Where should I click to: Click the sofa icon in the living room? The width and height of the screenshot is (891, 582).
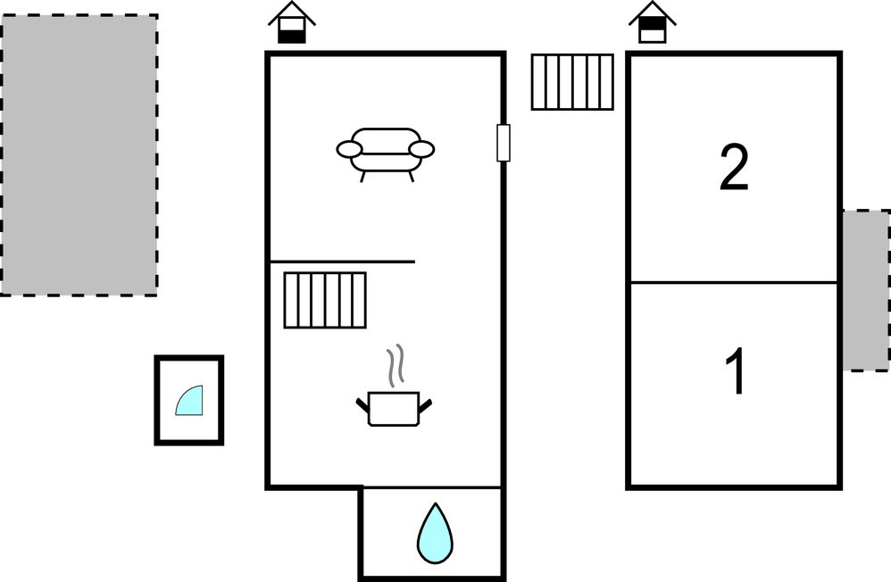tap(385, 153)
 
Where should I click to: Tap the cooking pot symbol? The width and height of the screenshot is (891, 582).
tap(394, 409)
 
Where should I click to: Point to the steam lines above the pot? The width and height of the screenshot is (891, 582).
tap(395, 366)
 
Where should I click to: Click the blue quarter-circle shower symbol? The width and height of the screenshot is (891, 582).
tap(190, 401)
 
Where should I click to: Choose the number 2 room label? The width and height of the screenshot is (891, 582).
tap(734, 169)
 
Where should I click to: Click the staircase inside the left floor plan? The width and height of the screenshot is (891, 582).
tap(325, 300)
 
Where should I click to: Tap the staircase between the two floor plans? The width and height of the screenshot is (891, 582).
tap(572, 82)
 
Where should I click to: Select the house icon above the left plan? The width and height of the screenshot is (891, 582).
tap(292, 23)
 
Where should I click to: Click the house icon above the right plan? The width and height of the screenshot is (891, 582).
tap(653, 23)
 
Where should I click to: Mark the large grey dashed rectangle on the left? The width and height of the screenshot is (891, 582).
tap(79, 154)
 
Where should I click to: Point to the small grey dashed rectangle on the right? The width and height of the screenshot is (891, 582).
tap(865, 290)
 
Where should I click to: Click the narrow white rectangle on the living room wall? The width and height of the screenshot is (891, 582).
tap(504, 143)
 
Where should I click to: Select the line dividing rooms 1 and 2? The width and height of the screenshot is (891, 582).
tap(734, 283)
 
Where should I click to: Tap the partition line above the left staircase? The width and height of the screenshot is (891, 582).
tap(342, 262)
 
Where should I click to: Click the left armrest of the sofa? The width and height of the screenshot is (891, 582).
tap(348, 149)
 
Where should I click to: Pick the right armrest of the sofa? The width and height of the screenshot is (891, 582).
tap(421, 149)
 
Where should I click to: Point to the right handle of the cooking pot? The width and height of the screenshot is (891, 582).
tap(427, 406)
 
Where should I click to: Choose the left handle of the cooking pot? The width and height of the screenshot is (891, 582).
tap(362, 406)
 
